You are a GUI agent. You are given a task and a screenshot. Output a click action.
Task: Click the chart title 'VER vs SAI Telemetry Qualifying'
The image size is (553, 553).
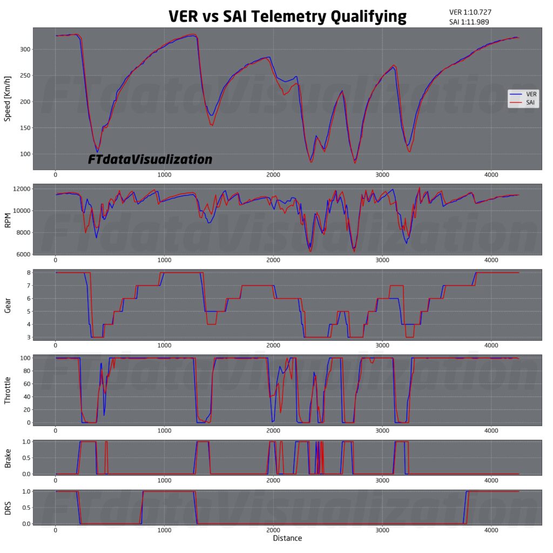287,16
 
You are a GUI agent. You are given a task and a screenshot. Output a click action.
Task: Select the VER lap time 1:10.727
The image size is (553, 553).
470,12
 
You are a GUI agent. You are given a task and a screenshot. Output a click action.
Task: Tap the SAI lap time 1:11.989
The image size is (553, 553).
470,22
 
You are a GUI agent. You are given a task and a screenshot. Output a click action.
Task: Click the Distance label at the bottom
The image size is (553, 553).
287,538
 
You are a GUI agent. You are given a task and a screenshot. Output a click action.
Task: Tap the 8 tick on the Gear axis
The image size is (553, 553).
27,273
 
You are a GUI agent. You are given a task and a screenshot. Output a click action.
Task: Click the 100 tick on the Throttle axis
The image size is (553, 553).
23,358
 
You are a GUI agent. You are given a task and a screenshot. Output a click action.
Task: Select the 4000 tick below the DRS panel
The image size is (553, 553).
491,531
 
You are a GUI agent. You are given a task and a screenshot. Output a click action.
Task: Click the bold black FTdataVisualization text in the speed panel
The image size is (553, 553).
150,160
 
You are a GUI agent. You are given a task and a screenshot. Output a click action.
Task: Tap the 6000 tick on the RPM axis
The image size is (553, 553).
21,254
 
